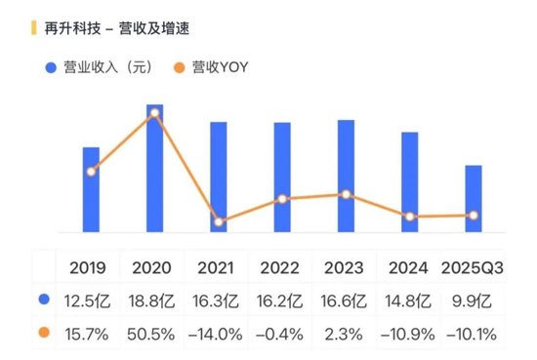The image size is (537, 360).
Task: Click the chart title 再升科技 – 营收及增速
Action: tap(117, 29)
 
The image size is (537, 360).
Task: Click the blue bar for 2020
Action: tap(154, 168)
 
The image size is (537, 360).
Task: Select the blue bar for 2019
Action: tap(91, 190)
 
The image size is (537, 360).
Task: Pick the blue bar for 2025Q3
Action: tap(473, 199)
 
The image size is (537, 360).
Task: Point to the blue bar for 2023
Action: tap(346, 176)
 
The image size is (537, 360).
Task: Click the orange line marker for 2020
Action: tap(154, 113)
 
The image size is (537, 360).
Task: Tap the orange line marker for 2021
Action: tap(219, 221)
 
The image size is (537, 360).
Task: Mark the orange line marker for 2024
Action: tap(410, 217)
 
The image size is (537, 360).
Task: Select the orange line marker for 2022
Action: tap(282, 199)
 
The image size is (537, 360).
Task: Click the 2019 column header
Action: tap(88, 267)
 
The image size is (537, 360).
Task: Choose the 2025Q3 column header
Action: tap(473, 267)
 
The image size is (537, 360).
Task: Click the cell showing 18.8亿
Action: tap(151, 300)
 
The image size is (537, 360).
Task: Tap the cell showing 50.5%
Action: tap(151, 334)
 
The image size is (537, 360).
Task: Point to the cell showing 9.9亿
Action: tap(473, 300)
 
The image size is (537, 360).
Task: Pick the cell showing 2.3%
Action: tap(344, 334)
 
